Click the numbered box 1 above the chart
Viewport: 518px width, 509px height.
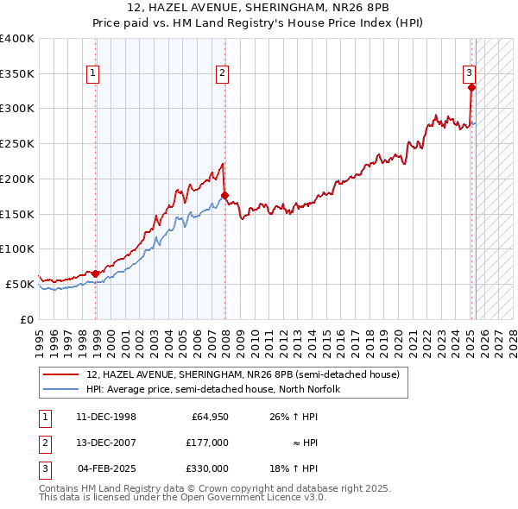point(92,73)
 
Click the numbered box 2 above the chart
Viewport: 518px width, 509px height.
point(222,73)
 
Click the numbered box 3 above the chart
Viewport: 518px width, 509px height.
point(469,73)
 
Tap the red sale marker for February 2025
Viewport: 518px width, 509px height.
point(471,87)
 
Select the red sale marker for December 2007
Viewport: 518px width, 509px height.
point(224,195)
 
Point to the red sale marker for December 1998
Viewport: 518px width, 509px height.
point(96,273)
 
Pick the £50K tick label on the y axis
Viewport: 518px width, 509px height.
point(20,284)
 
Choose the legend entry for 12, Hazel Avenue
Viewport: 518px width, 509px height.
point(243,375)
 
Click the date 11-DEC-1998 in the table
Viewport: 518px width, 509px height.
point(106,418)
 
